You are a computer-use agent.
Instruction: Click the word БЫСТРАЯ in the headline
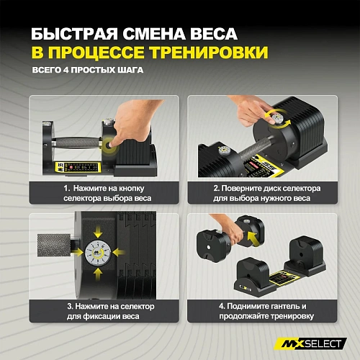click(71, 33)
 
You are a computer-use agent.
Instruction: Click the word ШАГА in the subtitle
click(130, 71)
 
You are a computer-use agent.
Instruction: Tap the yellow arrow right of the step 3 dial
click(117, 253)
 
